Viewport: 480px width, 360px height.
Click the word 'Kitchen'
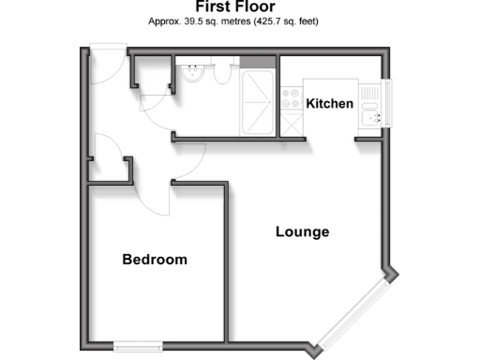(330, 103)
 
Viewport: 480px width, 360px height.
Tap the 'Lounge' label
(302, 232)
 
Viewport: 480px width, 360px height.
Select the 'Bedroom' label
(155, 260)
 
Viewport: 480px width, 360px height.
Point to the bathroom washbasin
(192, 74)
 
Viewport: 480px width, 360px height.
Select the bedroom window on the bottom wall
(140, 346)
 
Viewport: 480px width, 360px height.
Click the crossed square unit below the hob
(292, 125)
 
